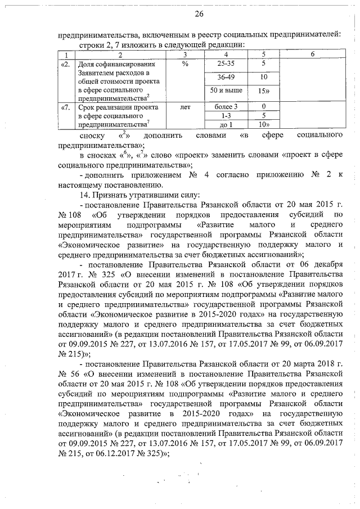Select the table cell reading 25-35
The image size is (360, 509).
(226, 64)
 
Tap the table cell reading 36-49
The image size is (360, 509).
(226, 77)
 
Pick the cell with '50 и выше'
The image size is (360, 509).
(226, 90)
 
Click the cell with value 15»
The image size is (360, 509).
(263, 91)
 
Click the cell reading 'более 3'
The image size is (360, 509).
(226, 106)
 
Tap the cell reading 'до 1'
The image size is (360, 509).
(226, 124)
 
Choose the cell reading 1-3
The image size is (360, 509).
(226, 115)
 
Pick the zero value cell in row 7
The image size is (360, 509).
(263, 106)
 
